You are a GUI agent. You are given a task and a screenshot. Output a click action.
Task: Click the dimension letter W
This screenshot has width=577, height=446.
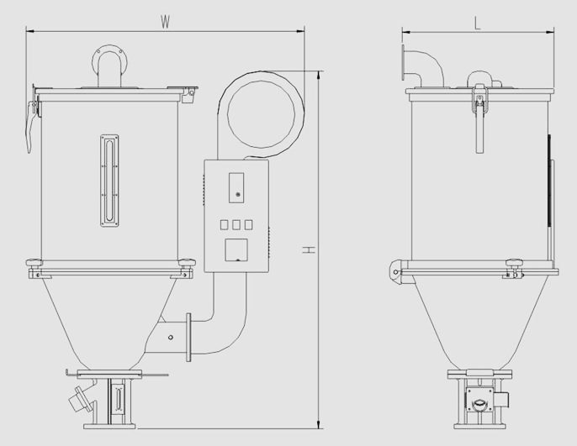(165, 23)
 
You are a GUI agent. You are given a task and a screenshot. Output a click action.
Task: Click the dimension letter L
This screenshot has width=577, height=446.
(478, 24)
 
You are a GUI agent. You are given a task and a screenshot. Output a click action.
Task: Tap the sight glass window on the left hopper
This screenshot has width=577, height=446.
(109, 181)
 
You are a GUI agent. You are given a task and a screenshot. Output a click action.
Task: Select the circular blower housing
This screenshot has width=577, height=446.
(262, 114)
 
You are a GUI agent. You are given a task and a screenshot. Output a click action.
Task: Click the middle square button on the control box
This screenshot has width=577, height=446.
(236, 225)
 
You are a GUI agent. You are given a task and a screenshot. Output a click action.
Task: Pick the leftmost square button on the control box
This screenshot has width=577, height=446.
(224, 225)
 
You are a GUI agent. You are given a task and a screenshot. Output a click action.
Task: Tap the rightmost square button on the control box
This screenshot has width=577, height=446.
(249, 225)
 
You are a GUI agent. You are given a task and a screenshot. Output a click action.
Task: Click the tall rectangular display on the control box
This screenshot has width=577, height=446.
(236, 187)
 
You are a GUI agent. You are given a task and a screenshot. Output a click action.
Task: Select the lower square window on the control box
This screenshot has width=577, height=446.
(236, 249)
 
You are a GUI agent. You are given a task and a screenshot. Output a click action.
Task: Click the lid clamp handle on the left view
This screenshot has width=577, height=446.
(29, 127)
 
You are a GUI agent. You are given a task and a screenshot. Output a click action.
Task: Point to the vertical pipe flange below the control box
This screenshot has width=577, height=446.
(188, 338)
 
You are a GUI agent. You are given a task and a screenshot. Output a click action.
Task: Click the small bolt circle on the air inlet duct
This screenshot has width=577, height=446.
(171, 338)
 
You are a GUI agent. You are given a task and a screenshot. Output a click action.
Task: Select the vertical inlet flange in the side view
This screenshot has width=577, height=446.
(404, 62)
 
